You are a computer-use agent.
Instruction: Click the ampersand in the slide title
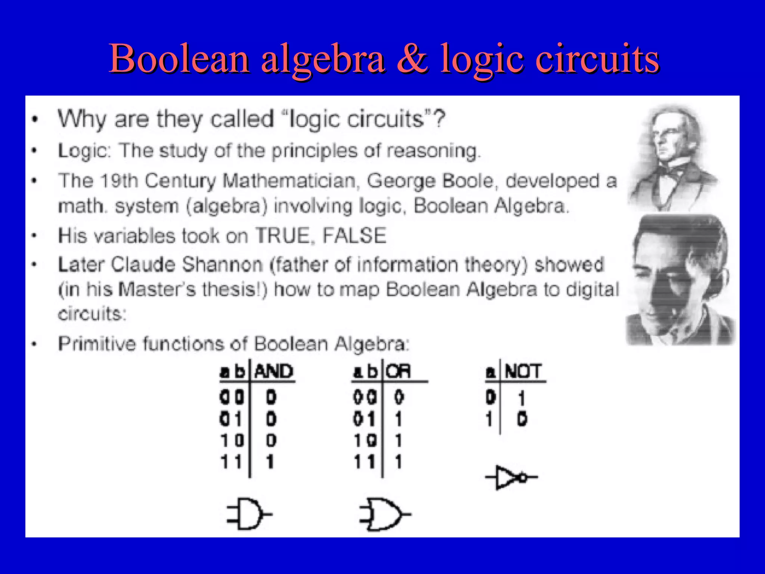(412, 59)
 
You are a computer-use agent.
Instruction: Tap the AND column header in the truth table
(274, 371)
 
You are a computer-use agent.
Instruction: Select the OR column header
(398, 371)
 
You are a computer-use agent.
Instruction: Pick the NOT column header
(523, 371)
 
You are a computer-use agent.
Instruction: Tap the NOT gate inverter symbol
(511, 477)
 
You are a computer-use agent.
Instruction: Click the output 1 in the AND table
(270, 462)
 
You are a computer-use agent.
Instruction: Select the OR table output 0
(399, 397)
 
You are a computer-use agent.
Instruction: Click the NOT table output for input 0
(522, 398)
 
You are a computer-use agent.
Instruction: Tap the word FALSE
(354, 236)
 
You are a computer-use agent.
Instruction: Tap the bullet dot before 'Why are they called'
(35, 120)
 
